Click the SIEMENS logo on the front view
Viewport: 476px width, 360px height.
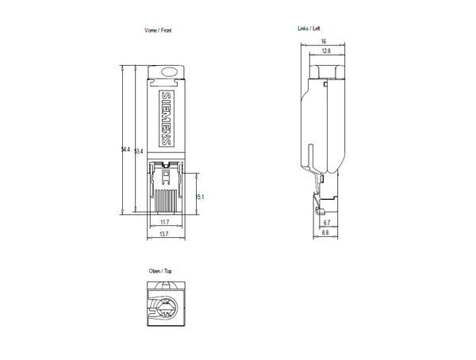[x=166, y=118]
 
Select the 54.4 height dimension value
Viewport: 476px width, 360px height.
[x=125, y=150]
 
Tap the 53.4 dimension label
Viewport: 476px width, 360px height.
[x=139, y=151]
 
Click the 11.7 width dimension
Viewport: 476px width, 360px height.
[x=164, y=222]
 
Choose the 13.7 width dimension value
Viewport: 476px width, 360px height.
[x=164, y=235]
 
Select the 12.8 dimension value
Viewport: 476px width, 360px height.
[x=326, y=52]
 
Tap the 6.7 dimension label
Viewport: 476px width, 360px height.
[x=327, y=223]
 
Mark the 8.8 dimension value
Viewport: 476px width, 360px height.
[x=324, y=235]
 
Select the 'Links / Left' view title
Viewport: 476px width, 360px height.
[x=309, y=28]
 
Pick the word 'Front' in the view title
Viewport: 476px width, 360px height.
[x=166, y=30]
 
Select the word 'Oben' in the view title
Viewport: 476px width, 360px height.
[x=155, y=271]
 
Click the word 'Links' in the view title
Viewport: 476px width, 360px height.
[x=301, y=28]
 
